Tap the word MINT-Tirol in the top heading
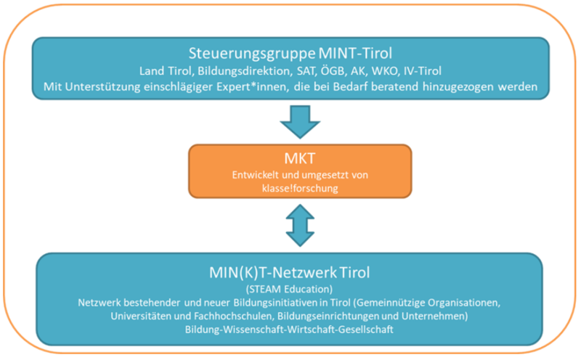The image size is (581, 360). click(x=355, y=53)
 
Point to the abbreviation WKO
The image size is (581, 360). click(x=384, y=70)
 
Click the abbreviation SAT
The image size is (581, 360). click(x=306, y=70)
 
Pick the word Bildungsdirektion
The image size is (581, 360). click(x=245, y=71)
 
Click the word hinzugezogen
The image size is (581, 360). click(x=458, y=87)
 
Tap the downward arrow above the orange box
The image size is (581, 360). click(x=300, y=122)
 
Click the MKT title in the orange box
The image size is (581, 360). click(x=300, y=158)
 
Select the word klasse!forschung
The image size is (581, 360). click(x=300, y=188)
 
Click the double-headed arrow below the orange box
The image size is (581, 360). click(x=300, y=225)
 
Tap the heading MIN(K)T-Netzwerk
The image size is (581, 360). click(x=273, y=273)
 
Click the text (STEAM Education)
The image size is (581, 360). click(x=289, y=289)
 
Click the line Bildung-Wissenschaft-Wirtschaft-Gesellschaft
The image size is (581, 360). click(x=289, y=330)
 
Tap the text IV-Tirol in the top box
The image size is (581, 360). click(x=423, y=70)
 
